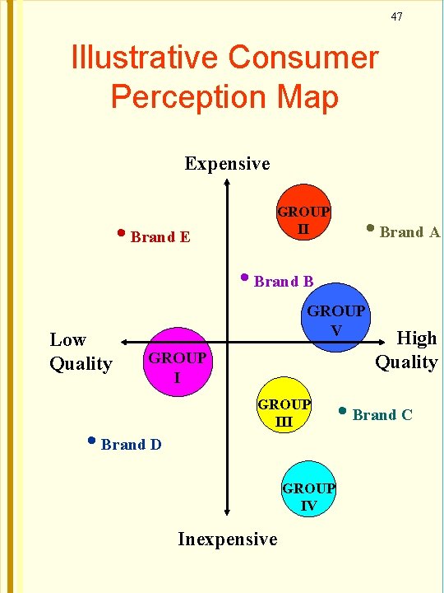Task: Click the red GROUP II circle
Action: click(303, 217)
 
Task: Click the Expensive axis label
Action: click(227, 163)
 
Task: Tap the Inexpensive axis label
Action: click(228, 539)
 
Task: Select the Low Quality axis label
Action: click(81, 351)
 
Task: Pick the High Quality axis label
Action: click(407, 350)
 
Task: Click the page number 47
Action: click(396, 16)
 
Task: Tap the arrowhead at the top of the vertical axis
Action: click(227, 183)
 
